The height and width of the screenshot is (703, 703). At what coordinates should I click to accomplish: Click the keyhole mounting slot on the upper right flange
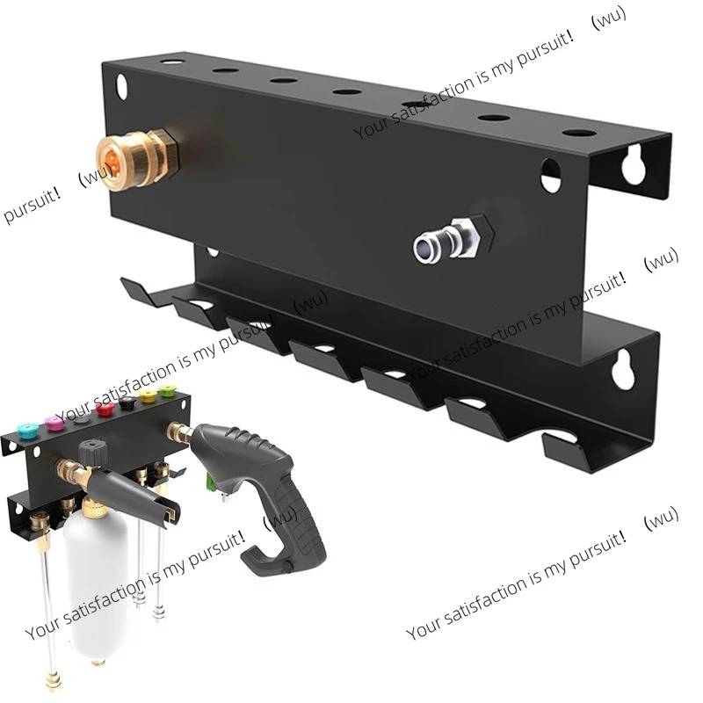633,165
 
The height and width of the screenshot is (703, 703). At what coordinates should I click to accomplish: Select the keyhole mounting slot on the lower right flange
623,371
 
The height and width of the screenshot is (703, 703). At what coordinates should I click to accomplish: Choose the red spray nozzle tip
105,409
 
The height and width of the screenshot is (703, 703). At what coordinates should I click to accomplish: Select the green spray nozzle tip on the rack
167,390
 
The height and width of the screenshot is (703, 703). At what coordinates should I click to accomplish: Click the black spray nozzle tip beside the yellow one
127,402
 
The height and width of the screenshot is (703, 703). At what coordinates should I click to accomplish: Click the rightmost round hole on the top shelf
579,133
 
